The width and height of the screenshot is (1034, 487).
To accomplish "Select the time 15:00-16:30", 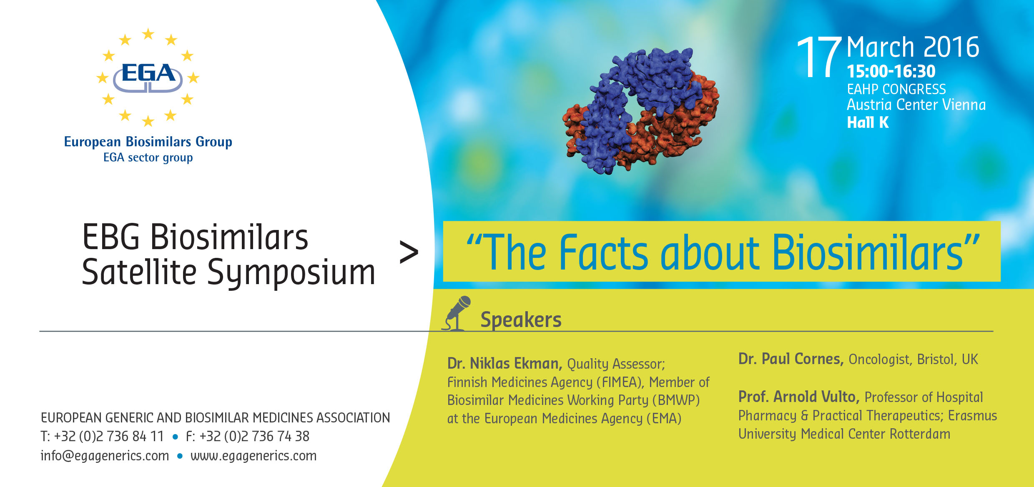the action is pos(891,71).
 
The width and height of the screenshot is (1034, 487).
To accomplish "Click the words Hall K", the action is pos(868,122).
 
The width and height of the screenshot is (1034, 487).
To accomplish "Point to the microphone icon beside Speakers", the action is pos(457,313).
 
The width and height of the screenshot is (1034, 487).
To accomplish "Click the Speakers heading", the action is pos(521,320).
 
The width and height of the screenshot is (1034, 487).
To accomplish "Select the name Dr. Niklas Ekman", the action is pos(504,363).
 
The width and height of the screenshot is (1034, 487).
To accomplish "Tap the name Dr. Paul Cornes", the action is pos(791,359).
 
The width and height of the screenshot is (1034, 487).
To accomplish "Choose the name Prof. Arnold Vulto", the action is pos(799,397).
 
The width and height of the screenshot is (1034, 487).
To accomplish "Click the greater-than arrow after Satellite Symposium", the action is pos(409,252).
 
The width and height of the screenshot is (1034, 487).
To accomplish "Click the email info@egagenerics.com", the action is pos(105,456).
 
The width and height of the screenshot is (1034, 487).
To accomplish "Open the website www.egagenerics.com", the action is pos(253,456).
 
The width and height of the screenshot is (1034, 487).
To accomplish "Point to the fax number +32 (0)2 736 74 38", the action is pos(254,436).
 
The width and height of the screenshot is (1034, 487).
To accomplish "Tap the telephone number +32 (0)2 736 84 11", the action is pos(108,436).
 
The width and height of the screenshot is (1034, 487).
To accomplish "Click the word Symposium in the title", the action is pos(291,273).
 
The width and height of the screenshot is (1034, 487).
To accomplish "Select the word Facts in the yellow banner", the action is pos(604,252).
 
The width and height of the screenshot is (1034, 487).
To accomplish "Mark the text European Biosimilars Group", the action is pos(148,142).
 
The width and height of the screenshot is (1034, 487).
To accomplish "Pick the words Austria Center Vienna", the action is pos(916,105).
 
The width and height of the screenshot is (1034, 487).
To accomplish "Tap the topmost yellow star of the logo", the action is pos(148,34).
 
